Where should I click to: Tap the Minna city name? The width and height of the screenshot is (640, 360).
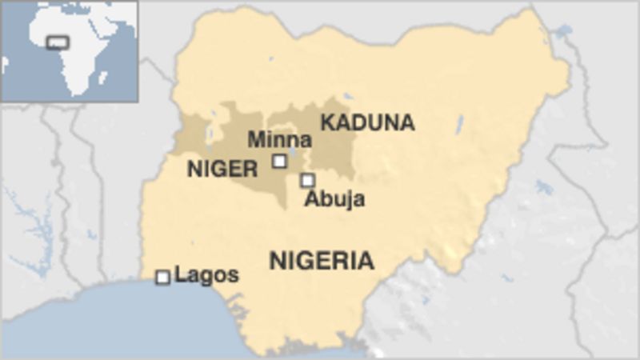[279, 140]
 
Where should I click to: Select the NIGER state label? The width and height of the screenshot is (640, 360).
[222, 170]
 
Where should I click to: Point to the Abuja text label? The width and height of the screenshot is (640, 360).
[334, 199]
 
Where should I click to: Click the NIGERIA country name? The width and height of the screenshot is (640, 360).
[322, 261]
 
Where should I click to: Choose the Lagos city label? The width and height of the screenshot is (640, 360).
[206, 275]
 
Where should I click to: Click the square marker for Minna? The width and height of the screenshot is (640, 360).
[279, 161]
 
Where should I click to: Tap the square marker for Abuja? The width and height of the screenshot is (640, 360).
[307, 180]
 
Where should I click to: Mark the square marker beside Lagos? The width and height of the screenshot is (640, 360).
[162, 277]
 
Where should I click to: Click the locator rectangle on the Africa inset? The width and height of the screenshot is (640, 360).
[58, 42]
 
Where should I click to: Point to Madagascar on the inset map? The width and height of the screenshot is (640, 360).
[103, 78]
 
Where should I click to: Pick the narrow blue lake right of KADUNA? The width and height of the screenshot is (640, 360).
[460, 124]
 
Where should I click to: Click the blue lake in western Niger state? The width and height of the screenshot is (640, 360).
[211, 133]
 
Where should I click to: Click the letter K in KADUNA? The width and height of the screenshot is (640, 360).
[327, 123]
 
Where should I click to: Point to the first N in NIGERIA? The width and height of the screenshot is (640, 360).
[277, 261]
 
